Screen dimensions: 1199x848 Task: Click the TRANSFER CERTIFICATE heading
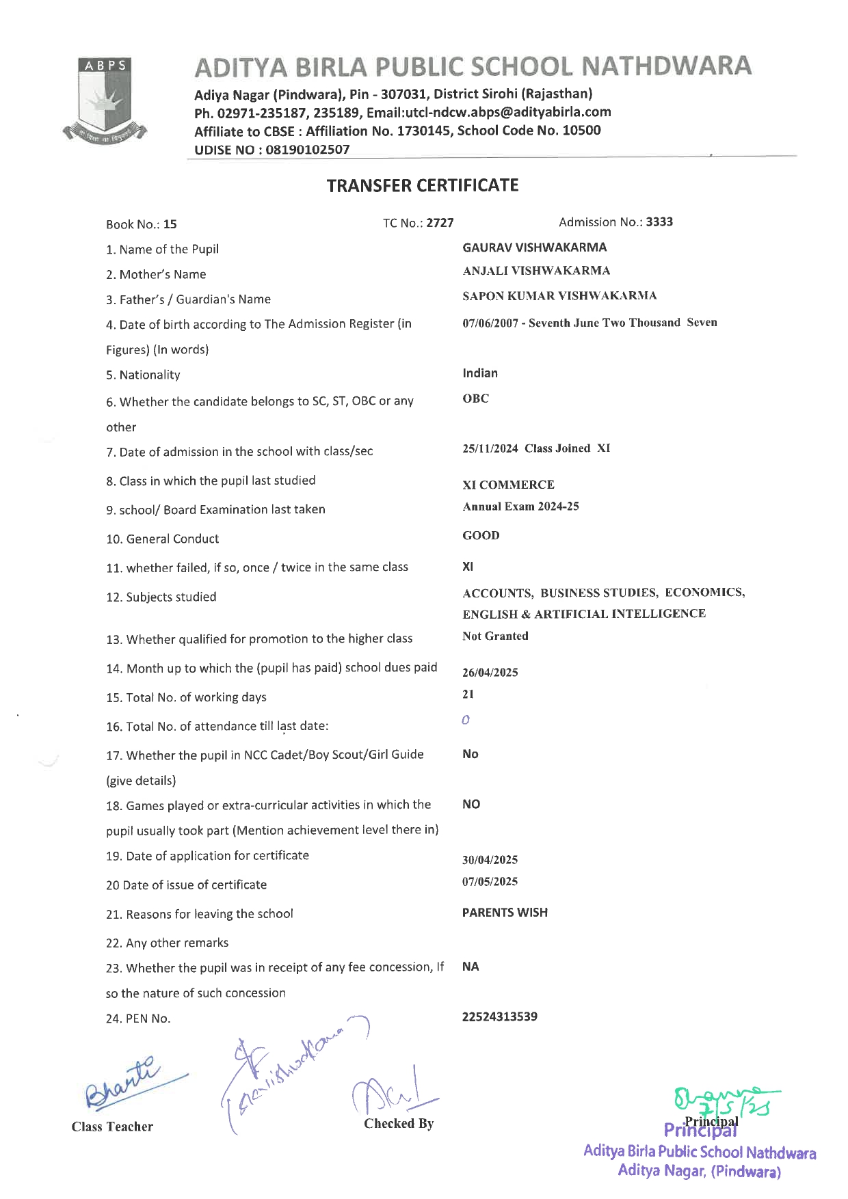[x=423, y=186]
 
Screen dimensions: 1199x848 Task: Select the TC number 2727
[x=440, y=223]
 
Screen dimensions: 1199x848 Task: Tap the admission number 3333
[x=659, y=222]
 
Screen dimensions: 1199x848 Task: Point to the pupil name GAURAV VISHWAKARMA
[x=534, y=247]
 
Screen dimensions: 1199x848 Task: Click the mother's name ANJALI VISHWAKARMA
[x=536, y=271]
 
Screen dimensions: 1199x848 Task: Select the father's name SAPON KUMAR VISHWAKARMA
[x=559, y=296]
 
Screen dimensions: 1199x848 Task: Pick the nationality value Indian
[x=480, y=373]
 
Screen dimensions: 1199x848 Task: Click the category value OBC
[x=475, y=399]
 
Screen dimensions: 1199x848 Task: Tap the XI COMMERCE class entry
[x=508, y=485]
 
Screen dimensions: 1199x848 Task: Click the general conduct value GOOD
[x=481, y=535]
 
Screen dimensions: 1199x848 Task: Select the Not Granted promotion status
[x=495, y=636]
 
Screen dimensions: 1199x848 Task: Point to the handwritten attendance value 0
[x=466, y=720]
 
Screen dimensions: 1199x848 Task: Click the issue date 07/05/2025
[x=490, y=881]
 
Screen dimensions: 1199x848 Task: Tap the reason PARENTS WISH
[x=505, y=913]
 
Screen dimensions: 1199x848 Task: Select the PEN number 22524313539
[x=499, y=1016]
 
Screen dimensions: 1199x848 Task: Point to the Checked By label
[x=399, y=1123]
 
